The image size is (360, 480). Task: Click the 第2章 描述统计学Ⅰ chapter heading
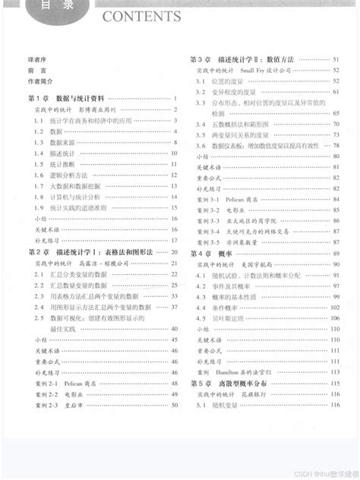tap(90, 251)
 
